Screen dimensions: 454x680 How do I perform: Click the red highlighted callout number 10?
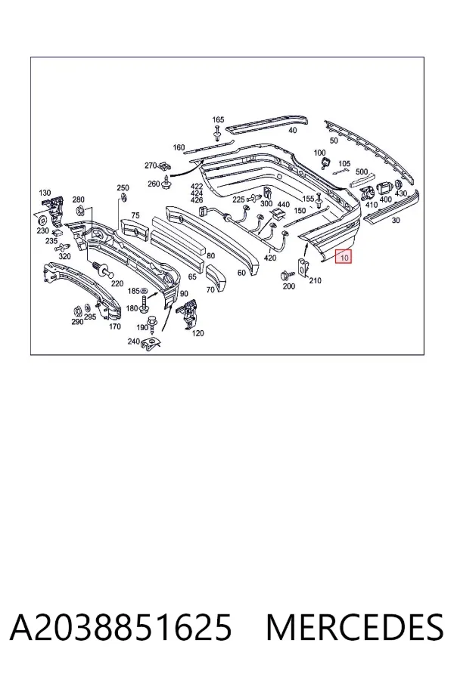(344, 257)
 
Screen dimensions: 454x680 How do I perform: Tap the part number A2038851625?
(121, 627)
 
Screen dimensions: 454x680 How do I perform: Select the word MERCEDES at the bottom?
(355, 627)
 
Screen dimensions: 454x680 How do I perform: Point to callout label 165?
(218, 119)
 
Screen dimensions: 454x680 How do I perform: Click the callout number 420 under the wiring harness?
(270, 258)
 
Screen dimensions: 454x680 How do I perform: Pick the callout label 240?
(133, 342)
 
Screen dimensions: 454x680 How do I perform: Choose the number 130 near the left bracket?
(45, 193)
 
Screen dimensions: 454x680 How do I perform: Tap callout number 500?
(362, 172)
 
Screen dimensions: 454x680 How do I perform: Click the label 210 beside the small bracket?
(315, 280)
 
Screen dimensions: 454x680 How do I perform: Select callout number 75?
(135, 215)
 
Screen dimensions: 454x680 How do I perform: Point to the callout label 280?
(78, 199)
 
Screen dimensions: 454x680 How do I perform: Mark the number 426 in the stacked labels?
(197, 200)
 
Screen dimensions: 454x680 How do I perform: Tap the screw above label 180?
(144, 301)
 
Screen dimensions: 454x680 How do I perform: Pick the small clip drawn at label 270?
(164, 166)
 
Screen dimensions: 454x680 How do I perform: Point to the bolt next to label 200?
(287, 274)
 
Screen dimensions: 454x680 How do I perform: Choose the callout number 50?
(334, 141)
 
